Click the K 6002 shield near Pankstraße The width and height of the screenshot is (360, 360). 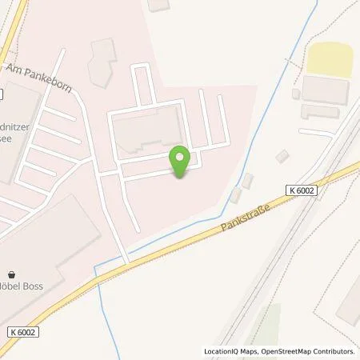coord(299,190)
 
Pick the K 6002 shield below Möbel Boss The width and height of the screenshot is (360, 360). coord(25,330)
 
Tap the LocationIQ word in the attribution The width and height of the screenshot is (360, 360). coord(219,351)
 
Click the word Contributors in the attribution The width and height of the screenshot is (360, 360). coord(333,351)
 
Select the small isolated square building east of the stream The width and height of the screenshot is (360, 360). coord(282,157)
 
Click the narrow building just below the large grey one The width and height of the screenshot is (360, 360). coord(320,111)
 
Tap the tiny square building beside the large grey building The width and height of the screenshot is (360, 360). coord(296,94)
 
